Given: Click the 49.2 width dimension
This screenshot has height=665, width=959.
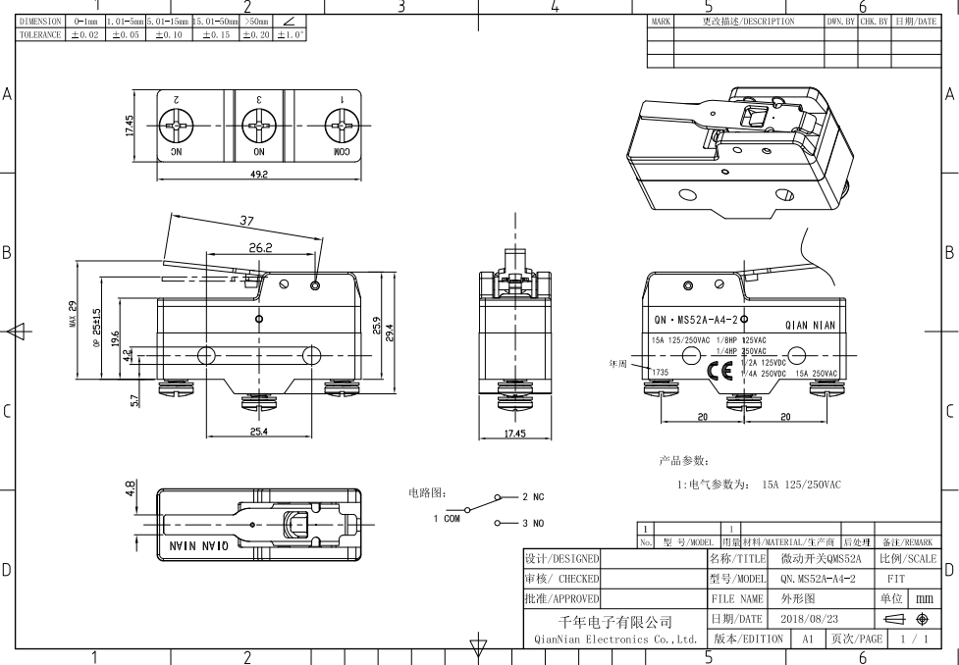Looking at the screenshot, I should point(259,175).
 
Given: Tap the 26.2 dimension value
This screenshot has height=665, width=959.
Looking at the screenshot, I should point(261,248).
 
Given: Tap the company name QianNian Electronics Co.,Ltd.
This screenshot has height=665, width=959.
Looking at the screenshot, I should point(615,639).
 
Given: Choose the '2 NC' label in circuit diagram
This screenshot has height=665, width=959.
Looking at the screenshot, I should point(533,497).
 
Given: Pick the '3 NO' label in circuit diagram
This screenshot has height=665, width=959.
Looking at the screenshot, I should point(533,524).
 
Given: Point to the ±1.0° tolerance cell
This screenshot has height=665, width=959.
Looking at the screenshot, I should point(290,34).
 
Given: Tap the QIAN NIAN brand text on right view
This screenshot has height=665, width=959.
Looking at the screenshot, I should point(810,326).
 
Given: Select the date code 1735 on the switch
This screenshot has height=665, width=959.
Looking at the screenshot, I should point(660,373).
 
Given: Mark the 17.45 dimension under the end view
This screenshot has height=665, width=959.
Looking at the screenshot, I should point(514,434).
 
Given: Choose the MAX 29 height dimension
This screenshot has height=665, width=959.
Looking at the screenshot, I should point(72,314).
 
